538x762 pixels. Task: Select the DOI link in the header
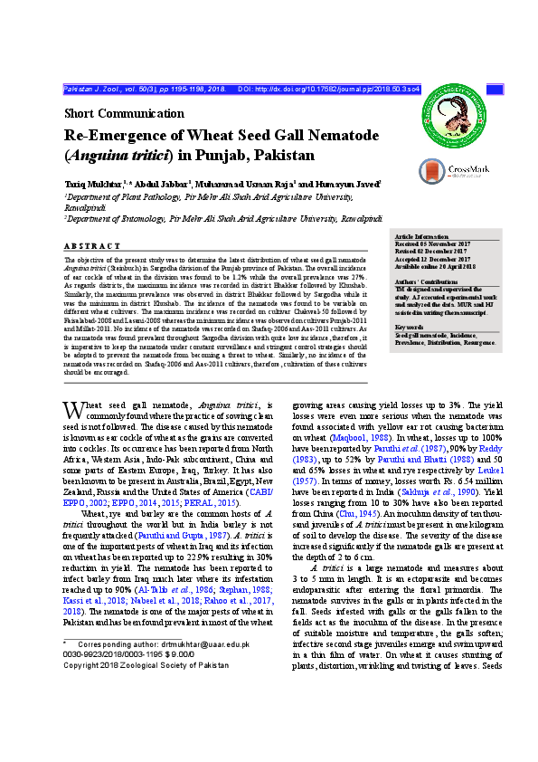click(x=329, y=90)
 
